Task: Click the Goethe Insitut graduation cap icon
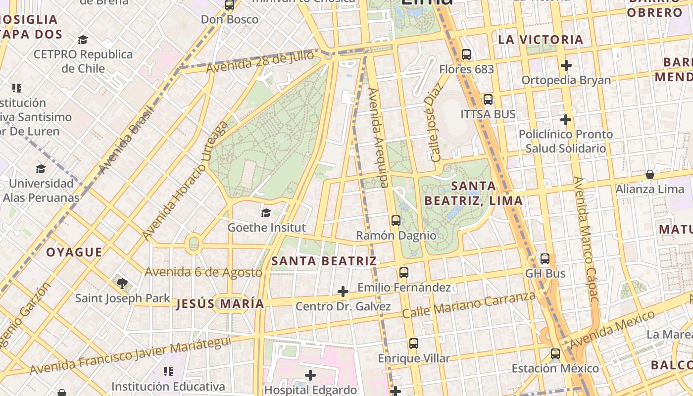(266, 213)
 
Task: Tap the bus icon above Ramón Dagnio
(396, 221)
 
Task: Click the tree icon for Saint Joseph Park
(122, 284)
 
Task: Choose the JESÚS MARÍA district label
(220, 303)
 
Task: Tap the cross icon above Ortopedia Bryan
(566, 65)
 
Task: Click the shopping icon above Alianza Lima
(649, 174)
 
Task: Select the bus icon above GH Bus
(545, 259)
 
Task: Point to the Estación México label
(555, 368)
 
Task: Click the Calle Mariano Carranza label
(468, 305)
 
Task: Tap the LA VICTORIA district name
(541, 40)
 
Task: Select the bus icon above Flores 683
(466, 54)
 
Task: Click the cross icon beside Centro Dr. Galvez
(343, 292)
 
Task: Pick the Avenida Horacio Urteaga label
(185, 181)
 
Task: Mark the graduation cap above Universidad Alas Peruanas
(41, 169)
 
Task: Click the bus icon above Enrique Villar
(414, 344)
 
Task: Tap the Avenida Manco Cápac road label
(586, 239)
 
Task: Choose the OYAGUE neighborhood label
(74, 252)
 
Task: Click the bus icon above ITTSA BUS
(488, 99)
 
